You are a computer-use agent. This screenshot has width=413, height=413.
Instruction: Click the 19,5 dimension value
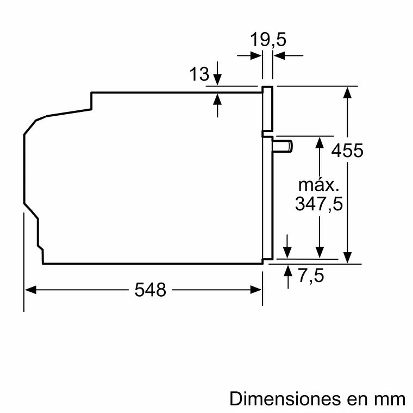(x=268, y=40)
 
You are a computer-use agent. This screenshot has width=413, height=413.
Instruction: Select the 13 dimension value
(x=199, y=74)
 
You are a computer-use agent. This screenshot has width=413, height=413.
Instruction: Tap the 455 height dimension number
(x=347, y=150)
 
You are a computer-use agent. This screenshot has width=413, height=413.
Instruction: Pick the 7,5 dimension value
(x=311, y=276)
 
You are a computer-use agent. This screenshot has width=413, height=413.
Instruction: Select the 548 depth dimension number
(x=150, y=290)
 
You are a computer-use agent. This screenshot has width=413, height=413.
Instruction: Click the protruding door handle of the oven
(x=283, y=146)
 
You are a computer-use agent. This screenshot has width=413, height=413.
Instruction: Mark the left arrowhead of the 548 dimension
(x=30, y=290)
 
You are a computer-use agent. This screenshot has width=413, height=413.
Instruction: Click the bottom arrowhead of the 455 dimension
(x=348, y=257)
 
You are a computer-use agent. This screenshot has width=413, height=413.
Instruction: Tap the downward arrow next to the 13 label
(x=218, y=79)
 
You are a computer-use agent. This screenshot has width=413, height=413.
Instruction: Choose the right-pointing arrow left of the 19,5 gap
(x=255, y=55)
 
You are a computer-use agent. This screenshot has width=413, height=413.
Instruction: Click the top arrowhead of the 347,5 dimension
(x=321, y=142)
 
